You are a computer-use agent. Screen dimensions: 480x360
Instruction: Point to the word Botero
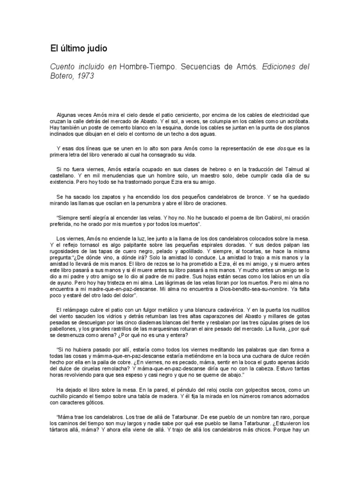[x=62, y=75]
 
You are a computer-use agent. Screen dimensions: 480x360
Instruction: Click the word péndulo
[x=189, y=389]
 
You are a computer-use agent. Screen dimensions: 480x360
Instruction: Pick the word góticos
[x=94, y=402]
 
